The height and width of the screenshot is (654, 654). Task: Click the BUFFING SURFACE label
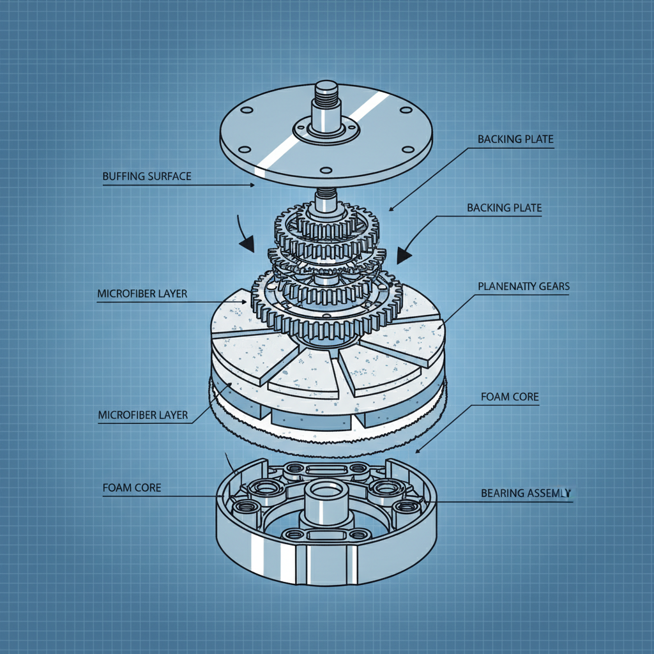click(147, 176)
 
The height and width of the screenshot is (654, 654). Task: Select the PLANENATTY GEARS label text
click(523, 287)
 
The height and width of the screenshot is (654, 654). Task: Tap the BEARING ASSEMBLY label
click(526, 493)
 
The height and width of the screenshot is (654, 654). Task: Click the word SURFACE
click(171, 176)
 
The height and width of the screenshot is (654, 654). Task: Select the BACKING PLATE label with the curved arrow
click(504, 208)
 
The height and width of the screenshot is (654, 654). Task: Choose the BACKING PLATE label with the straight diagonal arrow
click(515, 139)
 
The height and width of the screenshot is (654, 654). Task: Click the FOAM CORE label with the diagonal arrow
click(509, 397)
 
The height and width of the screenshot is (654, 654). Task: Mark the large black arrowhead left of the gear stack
click(247, 243)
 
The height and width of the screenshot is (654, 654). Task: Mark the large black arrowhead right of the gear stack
click(404, 256)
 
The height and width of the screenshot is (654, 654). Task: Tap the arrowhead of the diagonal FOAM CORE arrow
click(419, 450)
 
